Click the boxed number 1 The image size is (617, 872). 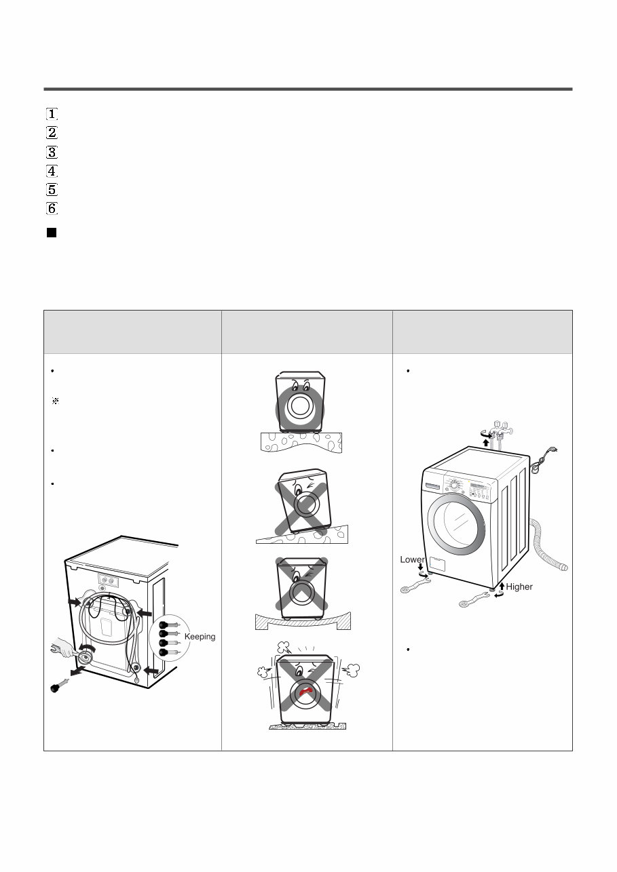(52, 114)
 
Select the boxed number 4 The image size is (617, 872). (52, 171)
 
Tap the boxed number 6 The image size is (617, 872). (52, 208)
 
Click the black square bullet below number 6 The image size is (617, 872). (51, 233)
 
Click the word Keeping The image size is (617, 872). (200, 637)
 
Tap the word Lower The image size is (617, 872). (412, 560)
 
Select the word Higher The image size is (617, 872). (519, 587)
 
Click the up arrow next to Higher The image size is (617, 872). (502, 586)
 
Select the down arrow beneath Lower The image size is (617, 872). (421, 568)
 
